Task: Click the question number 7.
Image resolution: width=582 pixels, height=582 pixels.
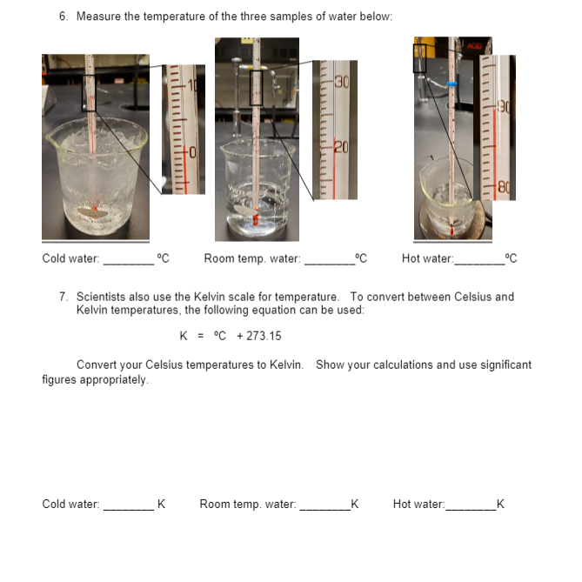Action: (64, 297)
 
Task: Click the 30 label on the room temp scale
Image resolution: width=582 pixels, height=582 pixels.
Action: (341, 83)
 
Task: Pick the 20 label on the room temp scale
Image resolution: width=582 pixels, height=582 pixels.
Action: (341, 146)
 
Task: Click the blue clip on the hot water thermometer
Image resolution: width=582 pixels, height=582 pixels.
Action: (450, 84)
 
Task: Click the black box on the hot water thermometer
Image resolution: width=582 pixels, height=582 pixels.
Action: (419, 58)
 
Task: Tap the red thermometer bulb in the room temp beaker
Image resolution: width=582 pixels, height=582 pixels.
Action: (256, 217)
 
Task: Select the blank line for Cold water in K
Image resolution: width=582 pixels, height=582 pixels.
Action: (129, 504)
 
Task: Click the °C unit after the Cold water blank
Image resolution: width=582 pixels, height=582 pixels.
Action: (163, 258)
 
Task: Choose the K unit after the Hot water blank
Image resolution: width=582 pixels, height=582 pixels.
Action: (500, 504)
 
